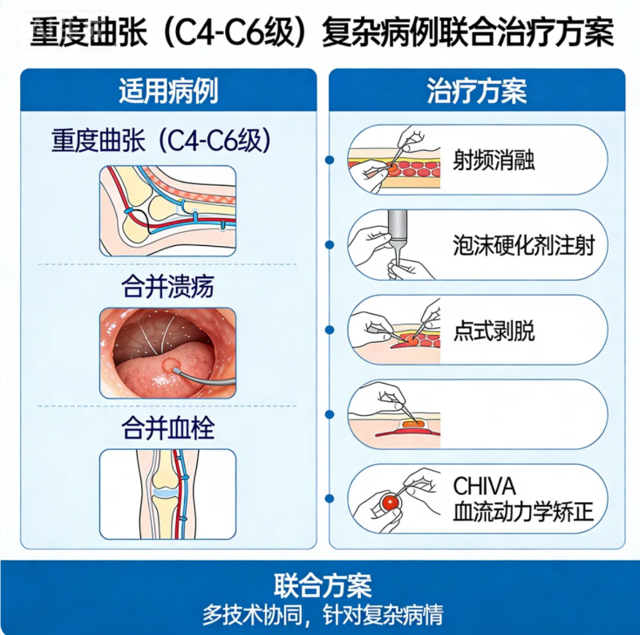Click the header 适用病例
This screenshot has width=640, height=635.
168,91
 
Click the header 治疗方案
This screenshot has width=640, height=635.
477,91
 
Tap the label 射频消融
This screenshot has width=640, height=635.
494,160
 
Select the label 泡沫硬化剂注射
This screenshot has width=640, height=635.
524,245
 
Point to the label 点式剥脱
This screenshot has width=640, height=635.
494,330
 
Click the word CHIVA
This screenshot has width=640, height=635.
484,486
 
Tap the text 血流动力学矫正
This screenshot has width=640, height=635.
523,512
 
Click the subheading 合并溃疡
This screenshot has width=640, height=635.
167,286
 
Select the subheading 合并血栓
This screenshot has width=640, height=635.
167,428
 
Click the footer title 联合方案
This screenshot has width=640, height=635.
323,585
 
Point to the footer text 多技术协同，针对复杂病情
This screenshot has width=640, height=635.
323,615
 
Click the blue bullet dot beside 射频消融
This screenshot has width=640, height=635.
330,160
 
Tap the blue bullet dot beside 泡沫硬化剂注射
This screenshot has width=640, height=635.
330,245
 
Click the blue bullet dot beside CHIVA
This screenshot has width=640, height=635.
330,499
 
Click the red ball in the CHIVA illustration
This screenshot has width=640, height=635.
391,502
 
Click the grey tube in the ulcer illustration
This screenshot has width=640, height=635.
204,379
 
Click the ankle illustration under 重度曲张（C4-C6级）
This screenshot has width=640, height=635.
167,211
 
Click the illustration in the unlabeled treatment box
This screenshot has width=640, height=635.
394,414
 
